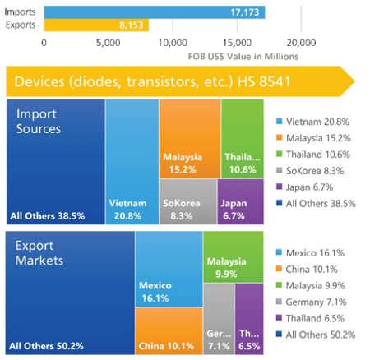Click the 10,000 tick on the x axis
172,42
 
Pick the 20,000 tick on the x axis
301,42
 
